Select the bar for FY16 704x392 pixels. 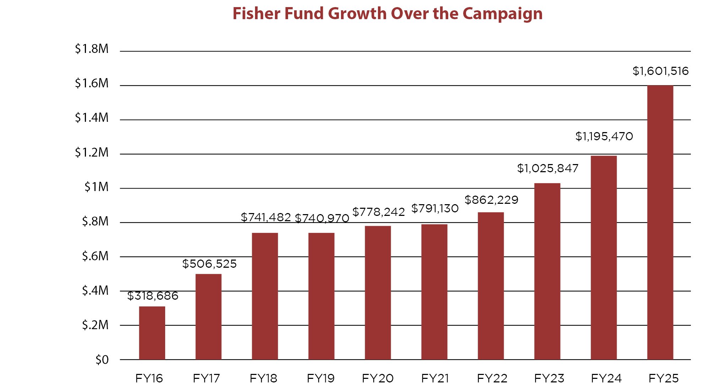[152, 333]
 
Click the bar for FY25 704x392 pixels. [660, 223]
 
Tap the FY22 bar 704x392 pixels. [491, 286]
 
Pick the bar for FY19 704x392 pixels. [321, 296]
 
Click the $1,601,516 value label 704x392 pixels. [660, 71]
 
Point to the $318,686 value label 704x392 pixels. [153, 296]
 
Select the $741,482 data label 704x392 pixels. [266, 217]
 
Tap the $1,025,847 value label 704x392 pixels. [547, 168]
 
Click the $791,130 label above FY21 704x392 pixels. [435, 208]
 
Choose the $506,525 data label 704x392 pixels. [209, 264]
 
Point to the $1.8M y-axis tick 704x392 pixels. [92, 49]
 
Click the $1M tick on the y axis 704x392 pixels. [96, 187]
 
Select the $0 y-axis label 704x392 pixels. [102, 360]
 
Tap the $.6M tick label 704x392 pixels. [95, 256]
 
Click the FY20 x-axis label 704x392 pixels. [378, 379]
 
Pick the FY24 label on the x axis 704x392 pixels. [606, 379]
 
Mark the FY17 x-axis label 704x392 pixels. [206, 379]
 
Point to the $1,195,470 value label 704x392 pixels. [604, 136]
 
